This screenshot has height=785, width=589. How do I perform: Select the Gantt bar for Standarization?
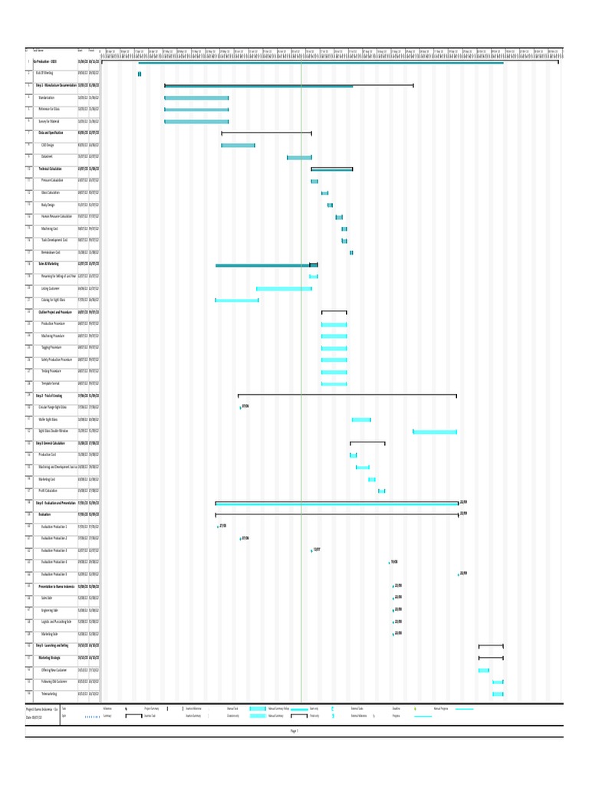tap(196, 98)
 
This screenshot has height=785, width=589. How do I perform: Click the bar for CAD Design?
tap(238, 146)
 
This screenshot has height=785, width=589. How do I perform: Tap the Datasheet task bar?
tap(299, 158)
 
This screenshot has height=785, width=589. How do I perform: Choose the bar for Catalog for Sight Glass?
tap(237, 301)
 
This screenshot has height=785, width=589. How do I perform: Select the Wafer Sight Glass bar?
tap(361, 420)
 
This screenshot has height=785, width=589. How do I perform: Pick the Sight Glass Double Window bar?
tap(435, 432)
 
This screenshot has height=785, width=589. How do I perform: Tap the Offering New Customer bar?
tap(484, 671)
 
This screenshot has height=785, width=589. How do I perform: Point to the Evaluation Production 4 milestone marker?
tap(389, 563)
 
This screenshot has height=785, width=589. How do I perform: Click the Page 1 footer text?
tap(294, 731)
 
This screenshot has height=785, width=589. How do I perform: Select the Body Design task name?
tap(48, 205)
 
